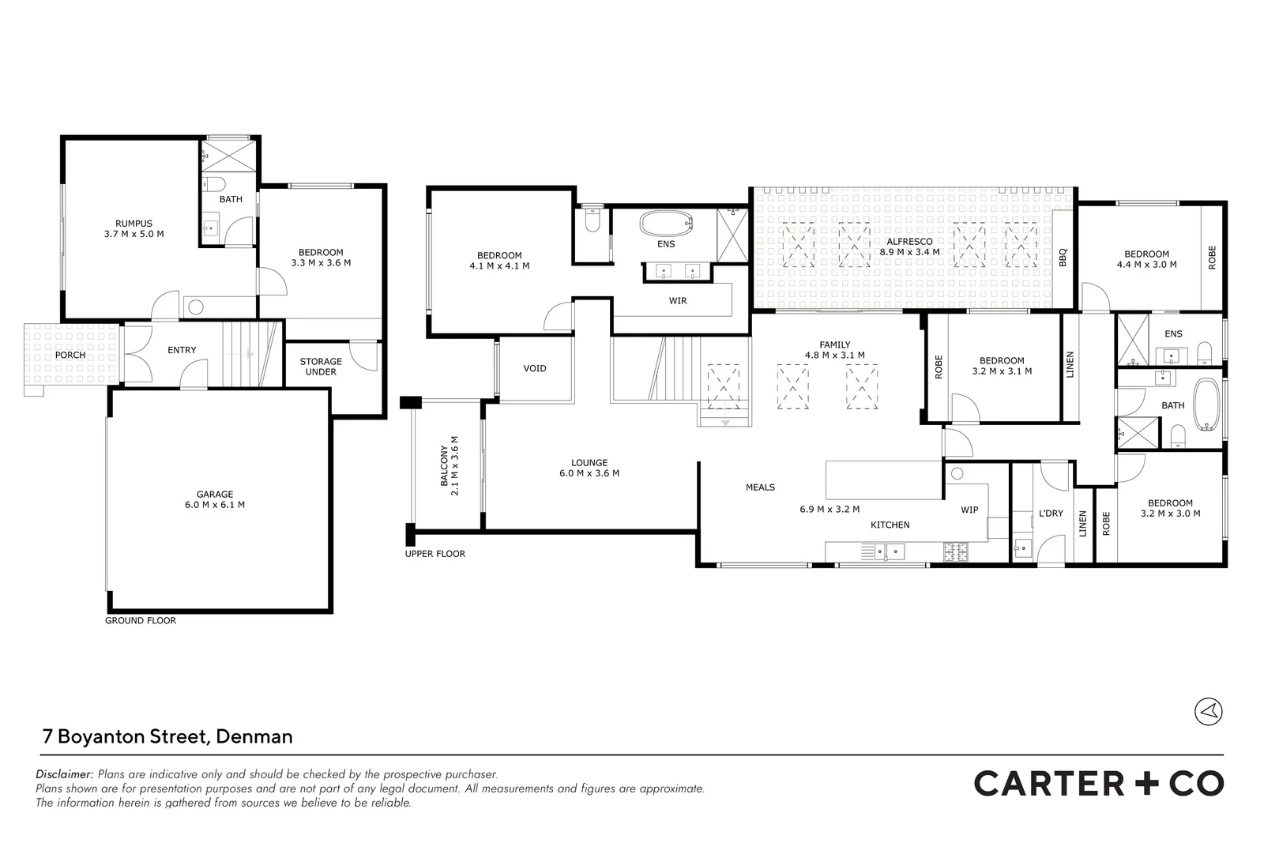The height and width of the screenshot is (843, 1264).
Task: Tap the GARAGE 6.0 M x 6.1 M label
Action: pyautogui.click(x=215, y=499)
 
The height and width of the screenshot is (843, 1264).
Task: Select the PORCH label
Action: pyautogui.click(x=70, y=355)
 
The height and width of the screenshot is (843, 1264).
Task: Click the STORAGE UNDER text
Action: pyautogui.click(x=321, y=367)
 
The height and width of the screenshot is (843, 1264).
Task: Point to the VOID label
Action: pyautogui.click(x=535, y=368)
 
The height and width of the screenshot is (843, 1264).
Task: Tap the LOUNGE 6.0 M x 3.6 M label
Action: pyautogui.click(x=589, y=468)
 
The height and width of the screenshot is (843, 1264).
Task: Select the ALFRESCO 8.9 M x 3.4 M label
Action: pyautogui.click(x=909, y=247)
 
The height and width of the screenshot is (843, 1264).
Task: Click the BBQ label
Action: pyautogui.click(x=1063, y=257)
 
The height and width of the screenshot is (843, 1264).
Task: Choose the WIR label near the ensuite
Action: pyautogui.click(x=678, y=301)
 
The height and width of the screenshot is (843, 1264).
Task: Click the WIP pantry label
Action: pyautogui.click(x=969, y=510)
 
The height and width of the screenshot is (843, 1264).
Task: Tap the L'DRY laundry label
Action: pyautogui.click(x=1051, y=513)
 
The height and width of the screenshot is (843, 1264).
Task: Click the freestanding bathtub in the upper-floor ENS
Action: pyautogui.click(x=665, y=224)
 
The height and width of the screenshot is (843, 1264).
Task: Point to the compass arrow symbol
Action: pyautogui.click(x=1208, y=711)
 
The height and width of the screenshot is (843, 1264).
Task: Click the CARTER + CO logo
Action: pyautogui.click(x=1098, y=784)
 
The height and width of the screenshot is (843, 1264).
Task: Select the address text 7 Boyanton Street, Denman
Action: pyautogui.click(x=167, y=736)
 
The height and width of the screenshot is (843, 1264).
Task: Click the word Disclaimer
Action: pyautogui.click(x=64, y=774)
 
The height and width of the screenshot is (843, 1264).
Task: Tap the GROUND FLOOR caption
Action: pyautogui.click(x=141, y=621)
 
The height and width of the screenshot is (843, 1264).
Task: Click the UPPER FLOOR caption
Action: pyautogui.click(x=435, y=554)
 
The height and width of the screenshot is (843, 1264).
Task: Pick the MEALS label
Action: pyautogui.click(x=760, y=487)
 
